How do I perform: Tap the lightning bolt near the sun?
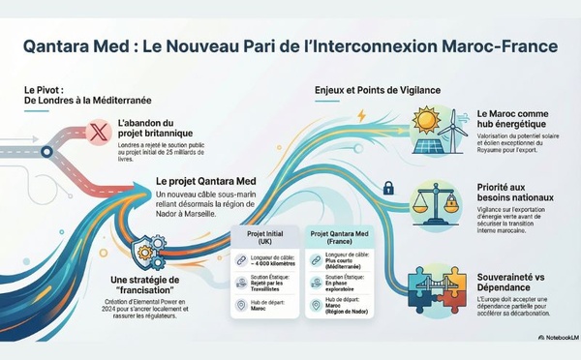pos(361,116)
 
